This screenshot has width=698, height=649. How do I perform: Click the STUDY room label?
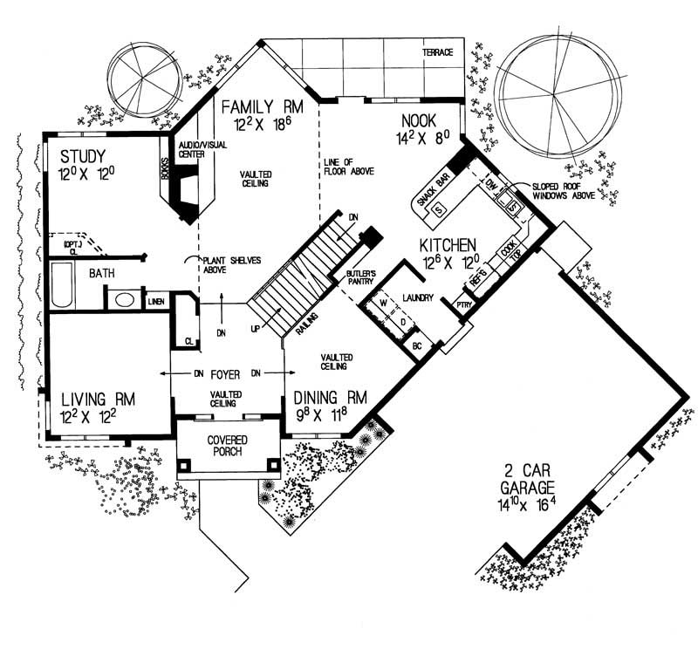click(83, 157)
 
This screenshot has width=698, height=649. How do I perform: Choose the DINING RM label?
click(329, 398)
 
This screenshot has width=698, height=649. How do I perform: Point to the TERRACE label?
click(438, 52)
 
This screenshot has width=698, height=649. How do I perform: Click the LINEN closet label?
click(157, 301)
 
